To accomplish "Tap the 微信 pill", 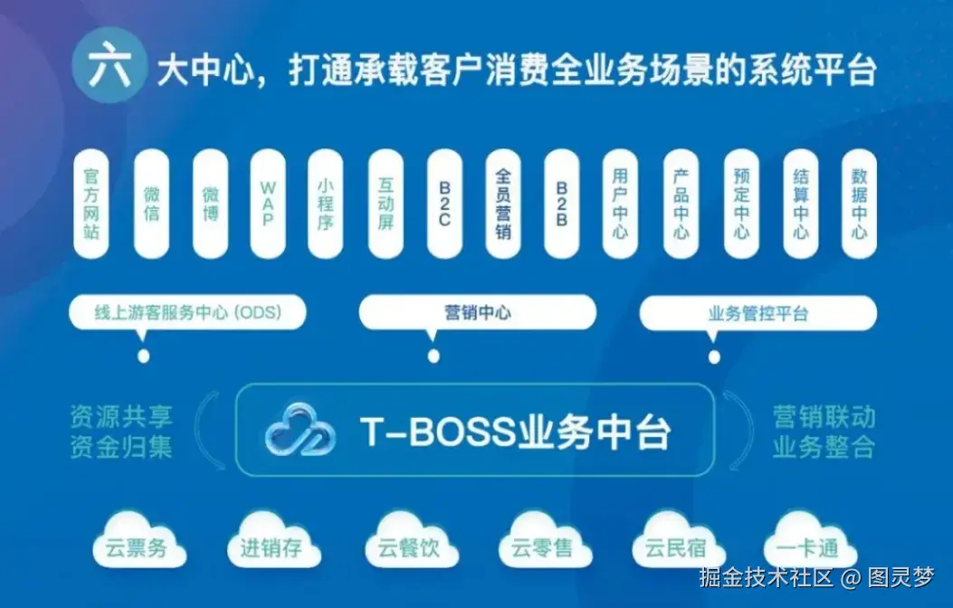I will coord(151,204).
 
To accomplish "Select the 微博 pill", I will coord(210,204).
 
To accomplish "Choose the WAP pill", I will coord(268,204).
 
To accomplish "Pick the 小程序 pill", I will coord(326,204).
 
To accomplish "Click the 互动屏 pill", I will coord(386,204).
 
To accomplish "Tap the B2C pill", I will coord(445,204).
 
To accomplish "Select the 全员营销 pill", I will coord(504,204).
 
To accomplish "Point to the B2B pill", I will coord(562,204).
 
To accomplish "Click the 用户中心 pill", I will coord(621,204).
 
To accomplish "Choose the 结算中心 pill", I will coord(801,204).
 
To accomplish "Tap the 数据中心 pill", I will coord(859,204).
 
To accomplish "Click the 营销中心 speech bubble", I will coord(478,313).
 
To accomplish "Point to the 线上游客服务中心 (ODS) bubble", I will coord(188,313).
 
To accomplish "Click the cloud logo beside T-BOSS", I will coord(300,431).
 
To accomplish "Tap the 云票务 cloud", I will coord(138,545).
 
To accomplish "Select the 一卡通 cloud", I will coord(800,545).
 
